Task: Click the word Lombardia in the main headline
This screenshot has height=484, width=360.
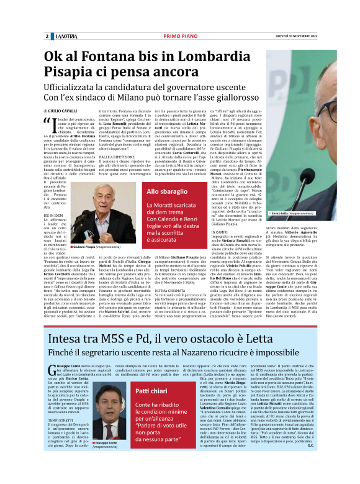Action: coord(230,58)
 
